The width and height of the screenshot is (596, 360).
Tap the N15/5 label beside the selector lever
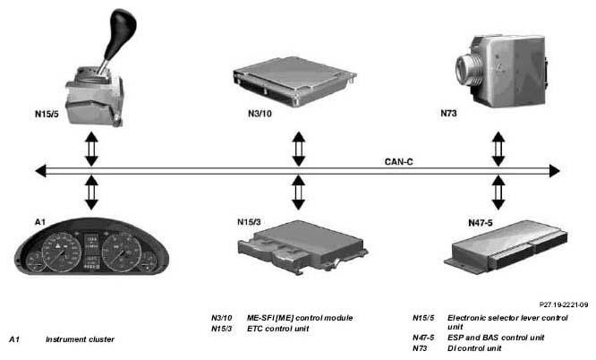tap(47, 114)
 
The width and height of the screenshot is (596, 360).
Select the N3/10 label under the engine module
tap(260, 114)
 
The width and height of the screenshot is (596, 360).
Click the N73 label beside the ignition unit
tap(448, 113)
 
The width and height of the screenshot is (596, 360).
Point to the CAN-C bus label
tap(399, 162)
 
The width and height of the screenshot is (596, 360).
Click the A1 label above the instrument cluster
tap(40, 222)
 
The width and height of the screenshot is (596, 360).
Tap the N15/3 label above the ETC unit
tap(249, 222)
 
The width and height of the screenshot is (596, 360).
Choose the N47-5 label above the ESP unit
tap(481, 223)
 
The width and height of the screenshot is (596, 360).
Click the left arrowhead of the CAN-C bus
tap(40, 171)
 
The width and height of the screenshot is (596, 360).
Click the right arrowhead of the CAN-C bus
tap(555, 171)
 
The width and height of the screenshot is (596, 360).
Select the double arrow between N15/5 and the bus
tap(91, 150)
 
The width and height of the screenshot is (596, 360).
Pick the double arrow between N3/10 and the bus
tap(299, 150)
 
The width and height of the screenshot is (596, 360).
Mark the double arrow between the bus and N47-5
tap(498, 193)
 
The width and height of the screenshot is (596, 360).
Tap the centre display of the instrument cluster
tap(91, 252)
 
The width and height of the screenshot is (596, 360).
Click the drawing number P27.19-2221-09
tap(564, 304)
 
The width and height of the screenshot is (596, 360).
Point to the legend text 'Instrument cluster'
tap(80, 339)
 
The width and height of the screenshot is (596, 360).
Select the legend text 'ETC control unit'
tap(277, 329)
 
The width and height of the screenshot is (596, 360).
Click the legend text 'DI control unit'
tap(474, 348)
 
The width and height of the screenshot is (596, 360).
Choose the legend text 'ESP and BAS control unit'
tap(496, 338)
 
